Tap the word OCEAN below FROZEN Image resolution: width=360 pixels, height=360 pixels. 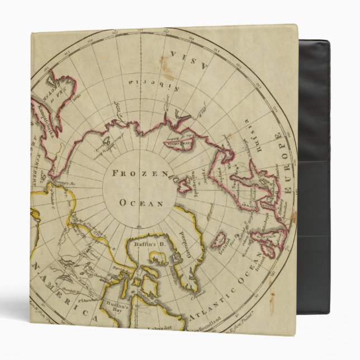(x=139, y=203)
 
